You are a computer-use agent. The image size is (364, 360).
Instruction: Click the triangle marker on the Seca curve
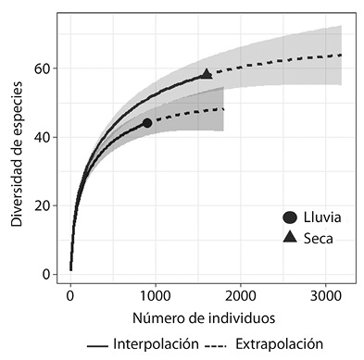207,73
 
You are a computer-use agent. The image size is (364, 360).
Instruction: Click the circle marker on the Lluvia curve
147,123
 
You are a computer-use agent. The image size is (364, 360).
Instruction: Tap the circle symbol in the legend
290,217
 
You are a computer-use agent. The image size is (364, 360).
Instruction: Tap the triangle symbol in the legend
290,237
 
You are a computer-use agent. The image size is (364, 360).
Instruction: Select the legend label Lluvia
322,217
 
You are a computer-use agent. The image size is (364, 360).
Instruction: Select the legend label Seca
318,237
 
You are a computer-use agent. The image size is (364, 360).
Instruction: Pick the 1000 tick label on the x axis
156,296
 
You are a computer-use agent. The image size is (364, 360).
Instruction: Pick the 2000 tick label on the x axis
241,296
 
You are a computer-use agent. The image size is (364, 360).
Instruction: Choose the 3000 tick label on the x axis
325,296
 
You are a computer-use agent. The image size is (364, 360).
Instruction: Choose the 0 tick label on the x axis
70,296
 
